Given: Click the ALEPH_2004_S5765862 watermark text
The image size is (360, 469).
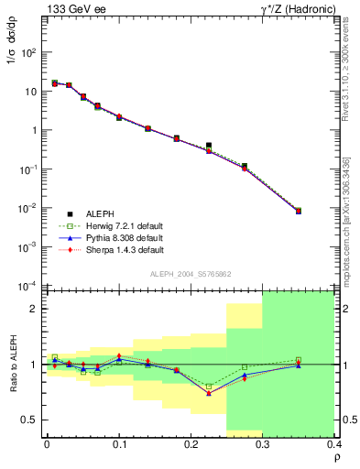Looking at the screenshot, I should coord(191,274).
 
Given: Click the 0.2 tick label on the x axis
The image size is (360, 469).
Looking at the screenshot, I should coord(191,444).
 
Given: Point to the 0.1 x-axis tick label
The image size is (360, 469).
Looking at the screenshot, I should coord(118,444).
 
